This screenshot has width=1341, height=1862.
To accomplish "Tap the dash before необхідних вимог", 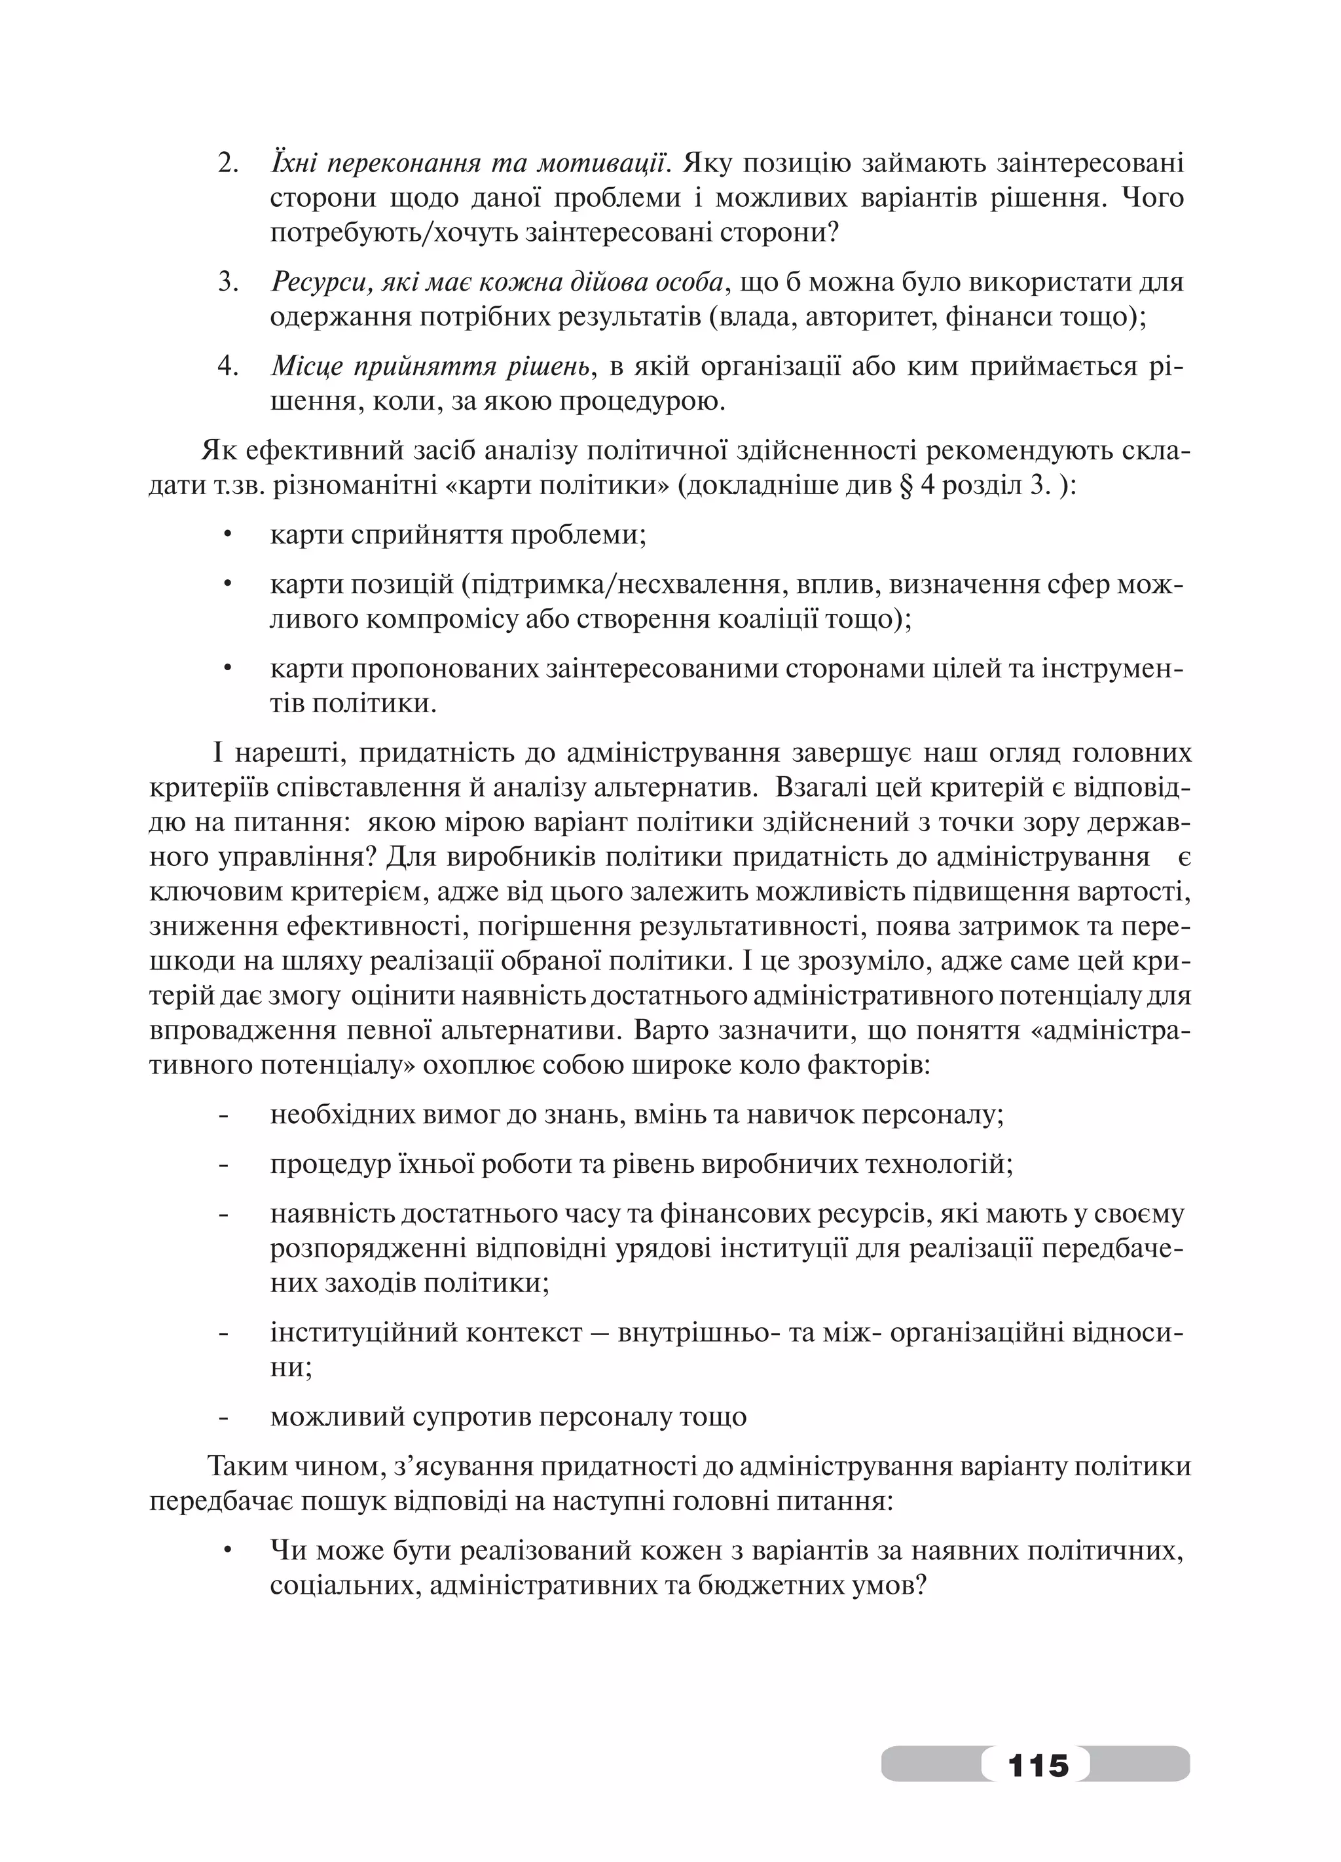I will tap(224, 1115).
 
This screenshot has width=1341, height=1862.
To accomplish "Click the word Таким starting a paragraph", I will tap(246, 1466).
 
